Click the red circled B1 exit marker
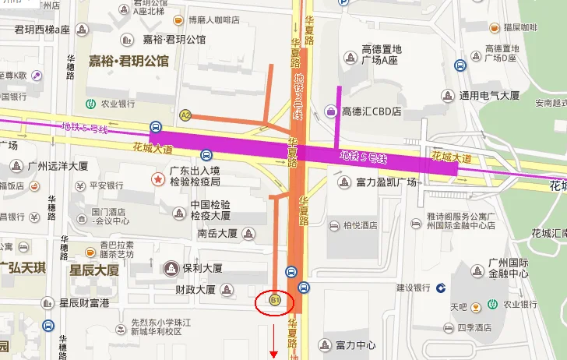274,299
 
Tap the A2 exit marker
185,115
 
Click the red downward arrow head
274,355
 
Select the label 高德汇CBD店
372,111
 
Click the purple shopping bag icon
332,112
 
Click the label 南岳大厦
217,233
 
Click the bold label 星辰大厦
94,270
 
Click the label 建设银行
414,288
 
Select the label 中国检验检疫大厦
210,210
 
